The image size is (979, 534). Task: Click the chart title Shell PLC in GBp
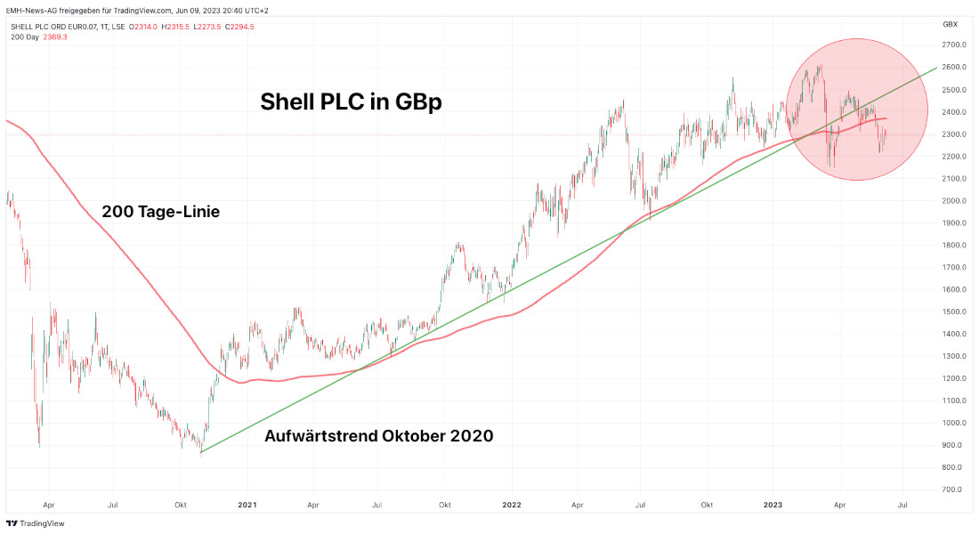click(x=351, y=102)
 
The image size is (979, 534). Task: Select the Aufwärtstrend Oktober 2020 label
click(x=379, y=436)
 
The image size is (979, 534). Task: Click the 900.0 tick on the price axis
click(x=954, y=445)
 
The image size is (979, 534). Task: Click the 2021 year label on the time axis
click(x=247, y=505)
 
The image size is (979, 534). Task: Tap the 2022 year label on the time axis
click(x=511, y=505)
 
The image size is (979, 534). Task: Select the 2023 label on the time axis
click(x=773, y=505)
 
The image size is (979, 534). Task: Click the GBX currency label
click(x=950, y=24)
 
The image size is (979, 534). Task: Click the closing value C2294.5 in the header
click(x=240, y=27)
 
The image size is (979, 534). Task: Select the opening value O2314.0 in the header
click(x=144, y=27)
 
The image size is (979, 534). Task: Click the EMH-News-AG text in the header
click(x=33, y=10)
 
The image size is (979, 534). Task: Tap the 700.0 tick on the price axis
click(x=954, y=489)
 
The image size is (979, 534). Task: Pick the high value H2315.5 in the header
click(x=176, y=27)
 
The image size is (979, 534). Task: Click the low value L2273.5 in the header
click(x=207, y=27)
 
